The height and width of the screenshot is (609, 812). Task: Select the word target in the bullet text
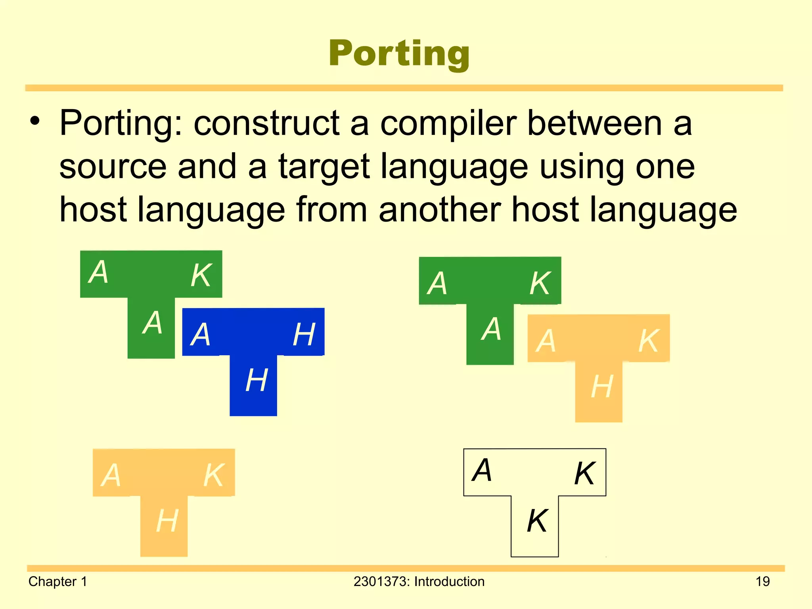[x=324, y=168]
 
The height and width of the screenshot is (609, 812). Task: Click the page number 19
[x=762, y=582]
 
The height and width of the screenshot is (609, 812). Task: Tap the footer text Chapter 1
[x=57, y=582]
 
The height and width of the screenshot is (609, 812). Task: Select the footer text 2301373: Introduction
[x=419, y=582]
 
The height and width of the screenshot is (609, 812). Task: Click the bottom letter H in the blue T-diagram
[x=257, y=380]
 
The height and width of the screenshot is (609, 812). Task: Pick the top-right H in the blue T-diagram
[x=304, y=334]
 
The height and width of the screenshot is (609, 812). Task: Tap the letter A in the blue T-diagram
[x=201, y=334]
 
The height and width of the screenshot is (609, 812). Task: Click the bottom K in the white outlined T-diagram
[x=537, y=521]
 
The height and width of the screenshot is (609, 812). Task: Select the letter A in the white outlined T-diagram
[x=482, y=470]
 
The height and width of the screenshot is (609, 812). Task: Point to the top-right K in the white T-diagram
[x=585, y=473]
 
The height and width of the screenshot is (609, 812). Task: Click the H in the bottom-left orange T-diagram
[x=167, y=521]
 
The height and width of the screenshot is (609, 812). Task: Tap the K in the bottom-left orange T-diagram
[x=214, y=475]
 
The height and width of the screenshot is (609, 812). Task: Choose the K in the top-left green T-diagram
[x=201, y=275]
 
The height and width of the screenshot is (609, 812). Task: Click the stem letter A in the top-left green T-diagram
[x=153, y=322]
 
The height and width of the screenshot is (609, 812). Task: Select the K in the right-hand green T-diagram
[x=540, y=283]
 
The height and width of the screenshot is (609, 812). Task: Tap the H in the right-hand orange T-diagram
[x=602, y=387]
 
